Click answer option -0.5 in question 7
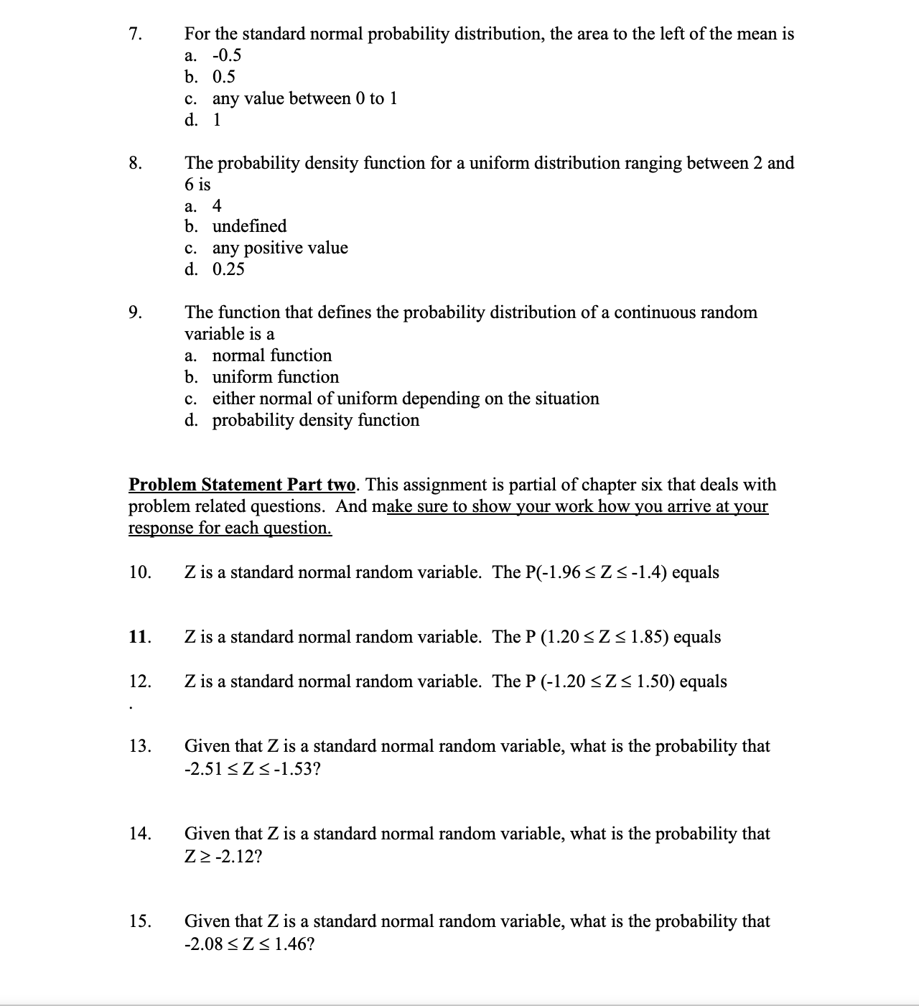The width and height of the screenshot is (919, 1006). [226, 55]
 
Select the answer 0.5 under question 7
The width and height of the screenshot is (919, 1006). [223, 77]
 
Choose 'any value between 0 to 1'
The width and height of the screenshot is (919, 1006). [304, 98]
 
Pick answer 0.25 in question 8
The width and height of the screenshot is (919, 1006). [228, 269]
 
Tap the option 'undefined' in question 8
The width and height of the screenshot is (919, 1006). [249, 226]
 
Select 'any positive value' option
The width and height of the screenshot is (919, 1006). [280, 248]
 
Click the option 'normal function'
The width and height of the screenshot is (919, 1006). [272, 355]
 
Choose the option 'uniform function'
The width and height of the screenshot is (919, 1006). [276, 377]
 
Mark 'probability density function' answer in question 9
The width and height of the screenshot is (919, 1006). [316, 420]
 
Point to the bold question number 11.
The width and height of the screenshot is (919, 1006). [139, 637]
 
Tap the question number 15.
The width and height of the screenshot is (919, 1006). [140, 921]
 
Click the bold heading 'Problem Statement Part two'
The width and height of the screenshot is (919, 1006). [242, 485]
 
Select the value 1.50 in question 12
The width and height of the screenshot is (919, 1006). [653, 681]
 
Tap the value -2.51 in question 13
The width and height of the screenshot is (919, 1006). [203, 769]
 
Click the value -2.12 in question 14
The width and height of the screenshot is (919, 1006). [234, 857]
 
